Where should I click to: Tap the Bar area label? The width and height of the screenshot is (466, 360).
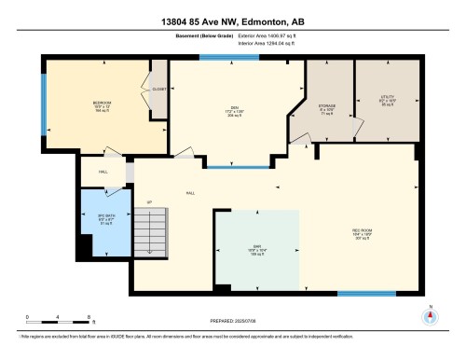click(256, 250)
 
